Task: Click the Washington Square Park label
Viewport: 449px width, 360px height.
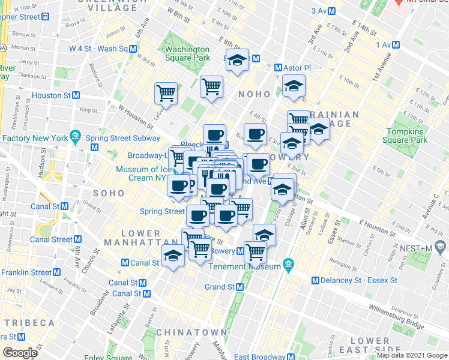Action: point(187,53)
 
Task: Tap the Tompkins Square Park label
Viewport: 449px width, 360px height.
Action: point(407,136)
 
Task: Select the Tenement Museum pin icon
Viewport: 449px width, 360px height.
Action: point(288,264)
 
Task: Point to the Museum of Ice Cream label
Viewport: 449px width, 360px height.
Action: point(142,173)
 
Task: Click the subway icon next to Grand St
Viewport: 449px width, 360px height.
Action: point(240,287)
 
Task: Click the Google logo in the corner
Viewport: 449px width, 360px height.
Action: point(20,353)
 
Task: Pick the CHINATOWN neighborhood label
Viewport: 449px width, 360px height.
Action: point(191,332)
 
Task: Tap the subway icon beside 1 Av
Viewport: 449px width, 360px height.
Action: point(396,45)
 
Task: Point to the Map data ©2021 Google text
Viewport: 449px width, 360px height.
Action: point(411,355)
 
